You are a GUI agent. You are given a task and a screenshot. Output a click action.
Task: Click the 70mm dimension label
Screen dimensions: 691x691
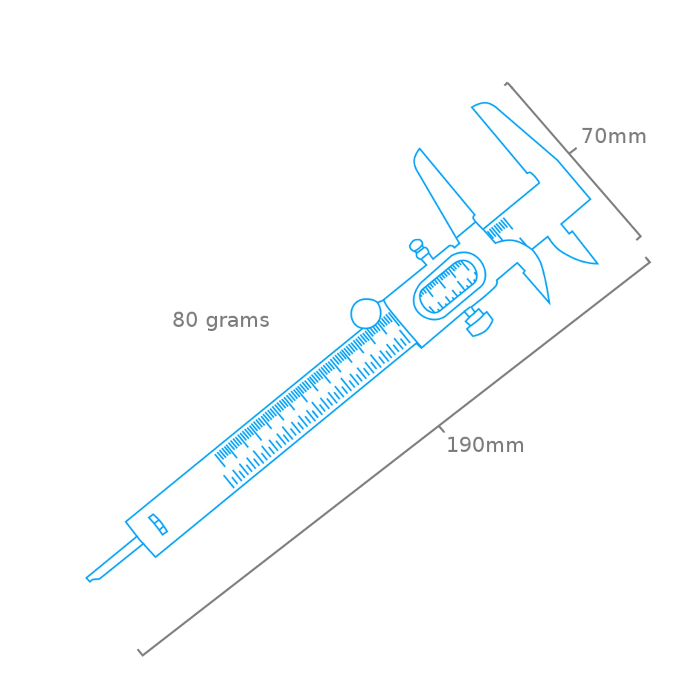(x=614, y=136)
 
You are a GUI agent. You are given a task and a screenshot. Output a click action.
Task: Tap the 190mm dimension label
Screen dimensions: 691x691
(x=485, y=445)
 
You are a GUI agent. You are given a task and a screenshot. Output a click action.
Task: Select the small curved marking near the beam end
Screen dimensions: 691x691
(x=158, y=524)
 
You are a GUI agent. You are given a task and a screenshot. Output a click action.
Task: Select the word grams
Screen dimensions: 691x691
(x=237, y=321)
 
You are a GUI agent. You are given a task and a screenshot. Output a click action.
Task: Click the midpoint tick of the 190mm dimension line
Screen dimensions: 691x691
(x=441, y=428)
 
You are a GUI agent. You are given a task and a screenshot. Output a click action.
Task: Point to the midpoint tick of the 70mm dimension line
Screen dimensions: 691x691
(x=572, y=151)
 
